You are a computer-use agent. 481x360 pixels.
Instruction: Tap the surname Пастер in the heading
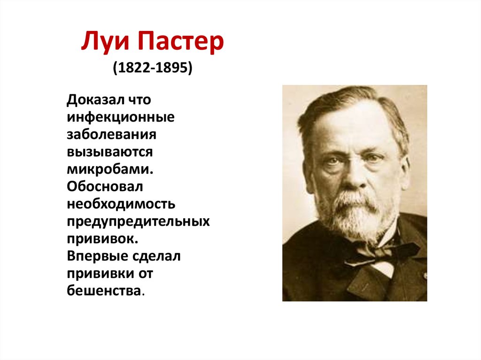point(181,44)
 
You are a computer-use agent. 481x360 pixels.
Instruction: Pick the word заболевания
point(111,135)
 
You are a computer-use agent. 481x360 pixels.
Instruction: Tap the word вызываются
point(109,153)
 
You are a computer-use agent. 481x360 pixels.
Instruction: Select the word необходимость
point(121,203)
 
